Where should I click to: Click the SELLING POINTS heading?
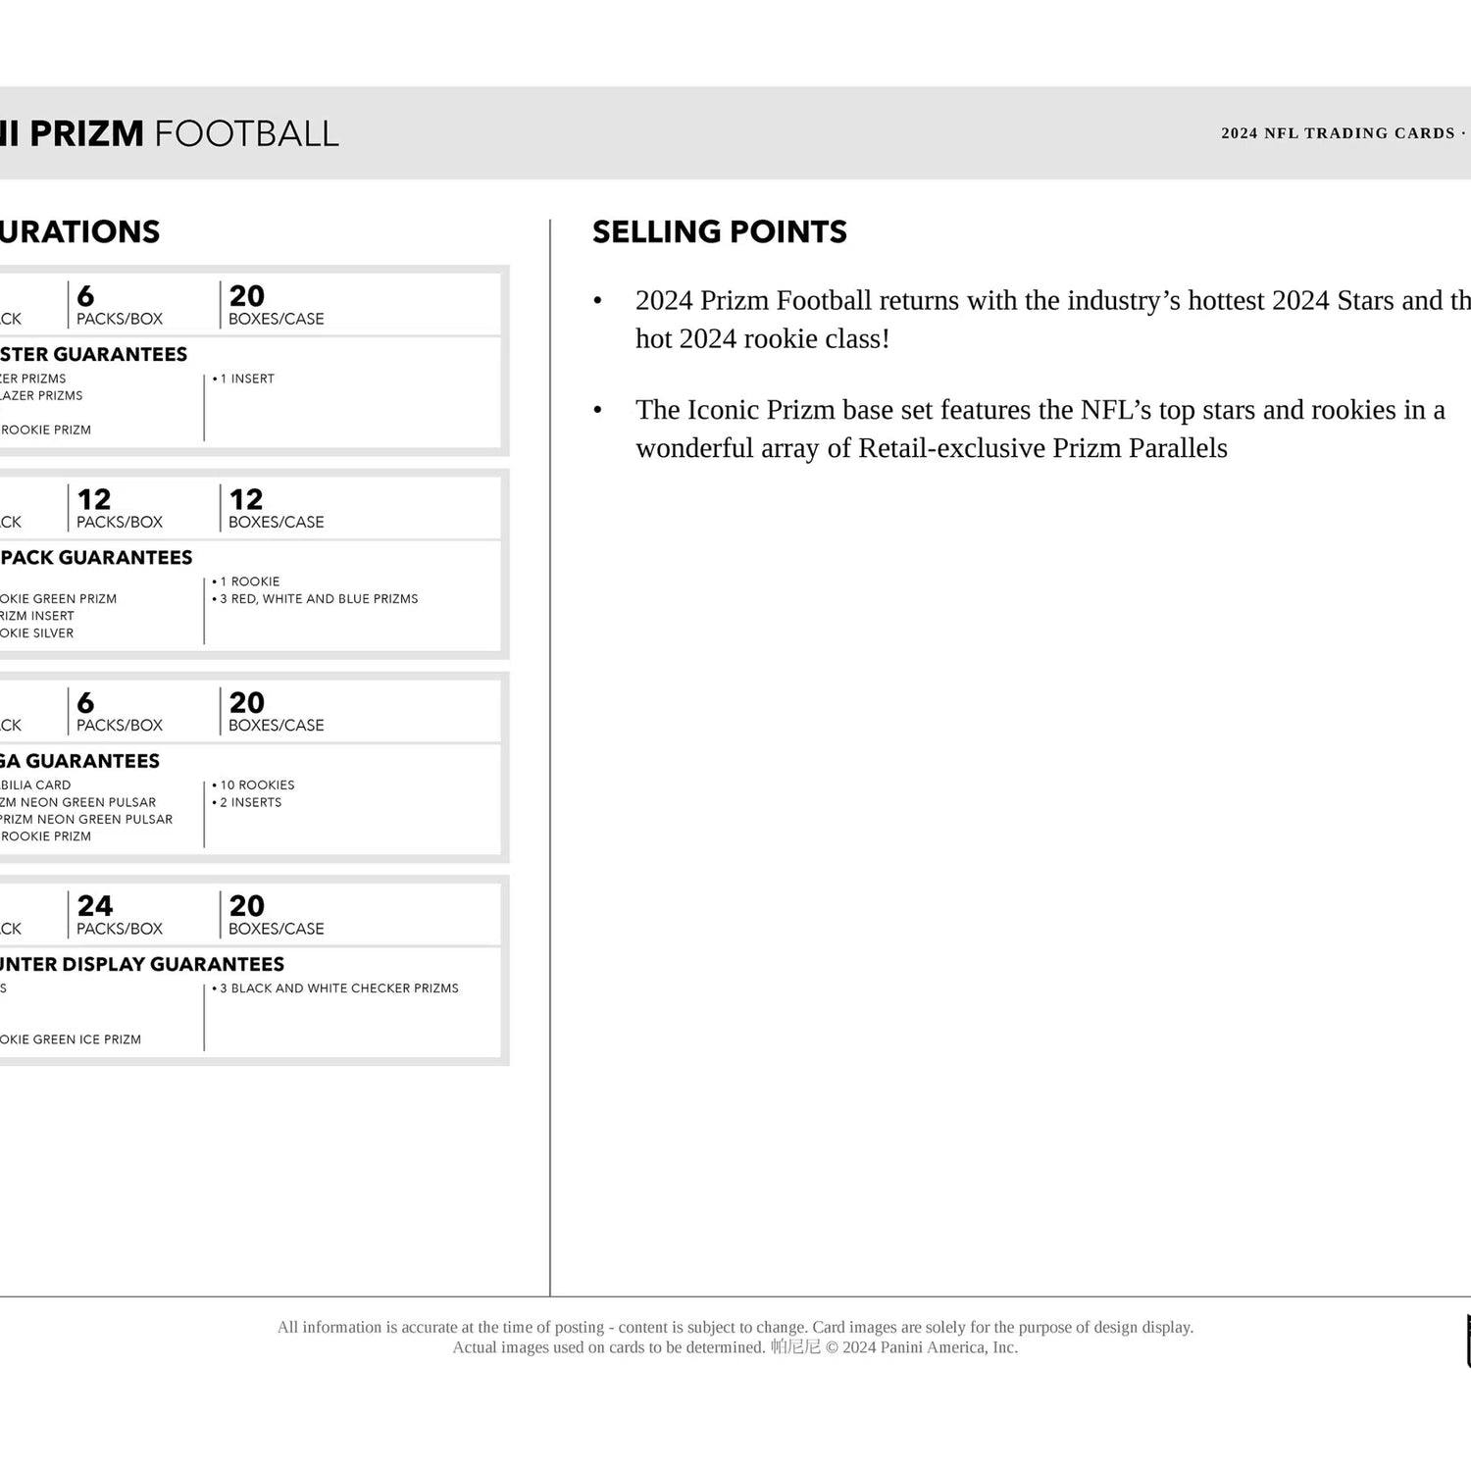[x=719, y=231]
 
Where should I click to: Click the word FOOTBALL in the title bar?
[x=246, y=133]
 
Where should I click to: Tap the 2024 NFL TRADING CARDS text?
[x=1338, y=133]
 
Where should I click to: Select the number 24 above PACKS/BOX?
[x=95, y=905]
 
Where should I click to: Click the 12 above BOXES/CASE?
[x=246, y=499]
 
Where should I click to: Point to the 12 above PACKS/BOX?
[x=94, y=499]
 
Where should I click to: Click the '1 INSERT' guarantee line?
[x=246, y=379]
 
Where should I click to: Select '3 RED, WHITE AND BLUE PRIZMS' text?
[x=318, y=598]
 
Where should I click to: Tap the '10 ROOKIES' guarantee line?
[x=256, y=785]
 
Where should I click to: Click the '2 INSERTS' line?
[x=250, y=802]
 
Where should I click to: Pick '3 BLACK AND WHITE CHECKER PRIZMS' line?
[x=338, y=987]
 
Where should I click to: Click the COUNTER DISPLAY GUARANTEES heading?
[x=141, y=964]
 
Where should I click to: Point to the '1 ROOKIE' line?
[x=249, y=582]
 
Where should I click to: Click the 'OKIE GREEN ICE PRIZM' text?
[x=70, y=1039]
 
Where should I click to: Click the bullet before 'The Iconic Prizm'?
[x=598, y=410]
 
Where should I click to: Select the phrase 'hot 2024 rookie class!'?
[x=762, y=338]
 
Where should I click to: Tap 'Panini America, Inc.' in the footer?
[x=948, y=1347]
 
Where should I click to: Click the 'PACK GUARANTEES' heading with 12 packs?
[x=96, y=557]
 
